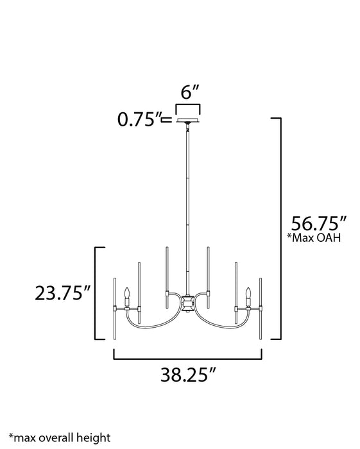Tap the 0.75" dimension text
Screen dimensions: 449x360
(137, 119)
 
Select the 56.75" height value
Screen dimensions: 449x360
(319, 225)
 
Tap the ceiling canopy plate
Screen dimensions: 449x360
(188, 121)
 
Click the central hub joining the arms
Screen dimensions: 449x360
(188, 302)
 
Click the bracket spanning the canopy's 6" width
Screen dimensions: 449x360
(188, 107)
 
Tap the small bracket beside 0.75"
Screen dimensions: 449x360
(167, 119)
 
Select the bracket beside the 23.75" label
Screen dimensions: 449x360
(98, 293)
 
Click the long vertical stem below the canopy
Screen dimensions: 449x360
(188, 205)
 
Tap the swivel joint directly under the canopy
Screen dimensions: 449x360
(188, 128)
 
